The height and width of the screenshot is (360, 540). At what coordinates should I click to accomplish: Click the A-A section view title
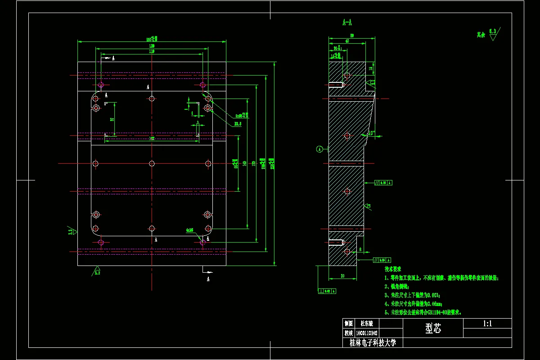pos(347,22)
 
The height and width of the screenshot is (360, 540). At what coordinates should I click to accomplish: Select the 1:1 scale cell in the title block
pos(487,323)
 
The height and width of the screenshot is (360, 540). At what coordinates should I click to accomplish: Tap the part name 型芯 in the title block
pos(433,329)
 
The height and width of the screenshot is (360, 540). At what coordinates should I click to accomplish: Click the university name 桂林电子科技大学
pos(373,343)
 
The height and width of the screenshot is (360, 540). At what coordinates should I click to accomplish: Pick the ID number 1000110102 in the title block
pos(367,333)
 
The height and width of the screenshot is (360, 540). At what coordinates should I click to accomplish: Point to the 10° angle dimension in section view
pos(371,133)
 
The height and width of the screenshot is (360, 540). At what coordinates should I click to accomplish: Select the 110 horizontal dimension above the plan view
pos(152,52)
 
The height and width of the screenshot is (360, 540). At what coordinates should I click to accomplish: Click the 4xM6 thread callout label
pos(189,229)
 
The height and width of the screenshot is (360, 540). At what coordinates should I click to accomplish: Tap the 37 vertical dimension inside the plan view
pos(112,119)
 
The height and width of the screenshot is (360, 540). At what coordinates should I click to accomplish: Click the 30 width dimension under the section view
pos(342,276)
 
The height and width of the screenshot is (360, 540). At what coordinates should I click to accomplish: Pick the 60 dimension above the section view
pos(347,41)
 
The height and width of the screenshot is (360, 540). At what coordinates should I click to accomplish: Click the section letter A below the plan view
pos(208,279)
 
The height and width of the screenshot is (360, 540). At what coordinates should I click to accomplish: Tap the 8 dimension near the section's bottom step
pos(360,249)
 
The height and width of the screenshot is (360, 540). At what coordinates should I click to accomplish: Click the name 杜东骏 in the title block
pos(367,323)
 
